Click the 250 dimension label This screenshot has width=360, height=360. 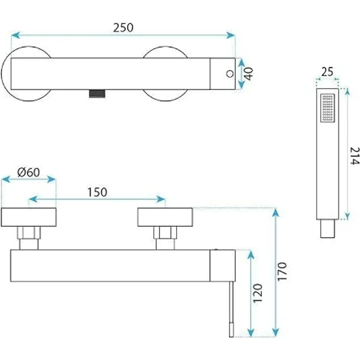pos(123,27)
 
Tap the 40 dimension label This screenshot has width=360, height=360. pos(248,74)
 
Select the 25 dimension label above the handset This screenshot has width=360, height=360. pos(327,72)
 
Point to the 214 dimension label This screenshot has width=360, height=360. pos(354,156)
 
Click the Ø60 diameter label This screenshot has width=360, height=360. pos(28,173)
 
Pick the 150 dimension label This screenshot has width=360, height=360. pos(97,192)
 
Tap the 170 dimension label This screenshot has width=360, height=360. pos(282,271)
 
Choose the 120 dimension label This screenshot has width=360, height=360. pos(258,293)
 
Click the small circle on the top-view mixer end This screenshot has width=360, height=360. pos(230,74)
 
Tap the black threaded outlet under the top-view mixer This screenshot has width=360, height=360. pos(97,94)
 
